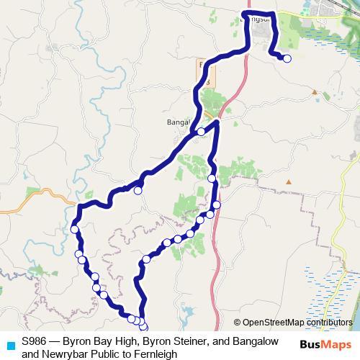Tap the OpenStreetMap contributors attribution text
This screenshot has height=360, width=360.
(297, 323)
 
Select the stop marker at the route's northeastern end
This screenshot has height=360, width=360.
(287, 59)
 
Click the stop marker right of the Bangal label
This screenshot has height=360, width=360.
(201, 132)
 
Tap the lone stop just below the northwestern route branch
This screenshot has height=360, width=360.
(138, 191)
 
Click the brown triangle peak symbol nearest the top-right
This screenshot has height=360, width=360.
(315, 91)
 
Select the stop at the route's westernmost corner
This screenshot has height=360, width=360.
(74, 230)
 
